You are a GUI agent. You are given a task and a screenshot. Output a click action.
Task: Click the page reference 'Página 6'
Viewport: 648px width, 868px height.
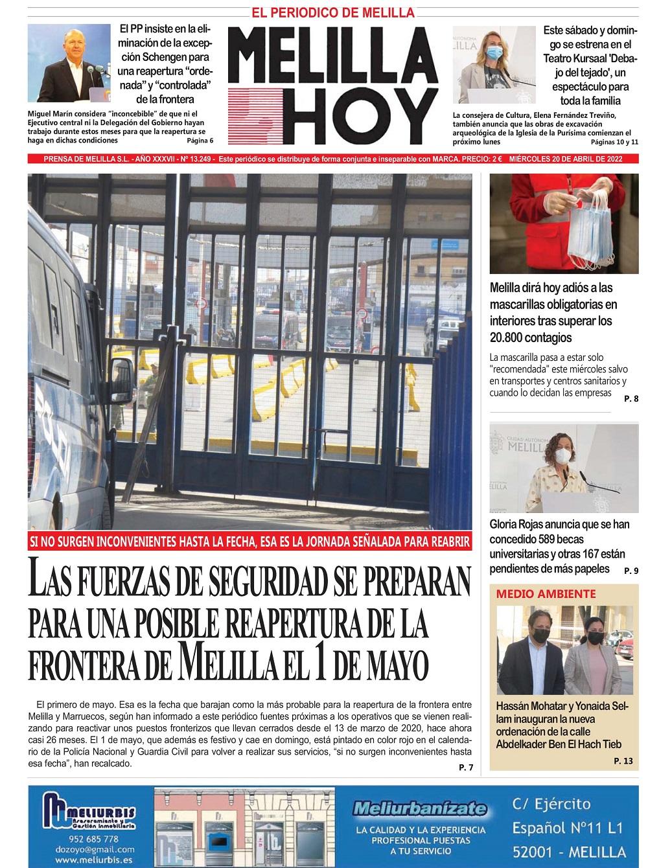point(200,141)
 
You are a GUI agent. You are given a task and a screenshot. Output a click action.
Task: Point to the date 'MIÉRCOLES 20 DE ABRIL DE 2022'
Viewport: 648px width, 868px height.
point(566,159)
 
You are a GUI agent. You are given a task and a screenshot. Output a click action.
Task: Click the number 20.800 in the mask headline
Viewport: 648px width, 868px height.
point(512,337)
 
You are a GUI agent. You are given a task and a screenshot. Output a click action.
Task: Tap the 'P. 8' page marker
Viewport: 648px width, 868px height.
point(631,399)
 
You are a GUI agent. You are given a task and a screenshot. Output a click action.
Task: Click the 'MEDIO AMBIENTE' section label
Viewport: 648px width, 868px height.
point(537,593)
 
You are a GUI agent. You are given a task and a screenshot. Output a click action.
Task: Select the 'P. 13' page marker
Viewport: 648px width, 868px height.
point(623,761)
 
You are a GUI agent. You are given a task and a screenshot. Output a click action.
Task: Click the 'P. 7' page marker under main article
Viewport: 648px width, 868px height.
point(466,768)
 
